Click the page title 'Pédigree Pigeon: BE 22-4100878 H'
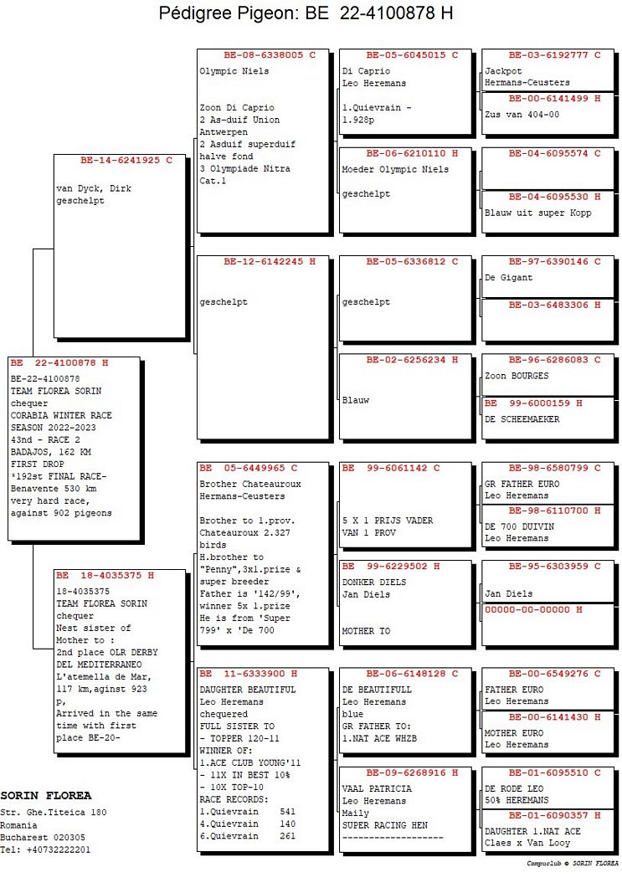pyautogui.click(x=306, y=14)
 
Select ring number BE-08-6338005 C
pyautogui.click(x=263, y=55)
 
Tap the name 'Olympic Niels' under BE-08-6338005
pyautogui.click(x=234, y=71)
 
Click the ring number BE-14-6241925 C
pyautogui.click(x=121, y=160)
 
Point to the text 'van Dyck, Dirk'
pyautogui.click(x=94, y=189)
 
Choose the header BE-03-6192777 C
pyautogui.click(x=553, y=55)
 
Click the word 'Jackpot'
pyautogui.click(x=503, y=71)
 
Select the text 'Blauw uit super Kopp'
pyautogui.click(x=538, y=213)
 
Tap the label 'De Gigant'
pyautogui.click(x=508, y=278)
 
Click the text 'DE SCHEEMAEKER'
pyautogui.click(x=522, y=419)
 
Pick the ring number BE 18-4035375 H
pyautogui.click(x=105, y=576)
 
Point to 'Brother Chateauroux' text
pyautogui.click(x=250, y=484)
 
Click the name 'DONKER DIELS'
pyautogui.click(x=374, y=582)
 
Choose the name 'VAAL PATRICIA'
pyautogui.click(x=377, y=788)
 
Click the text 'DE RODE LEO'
pyautogui.click(x=514, y=788)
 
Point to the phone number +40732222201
pyautogui.click(x=59, y=849)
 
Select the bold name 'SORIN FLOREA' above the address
pyautogui.click(x=46, y=795)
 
